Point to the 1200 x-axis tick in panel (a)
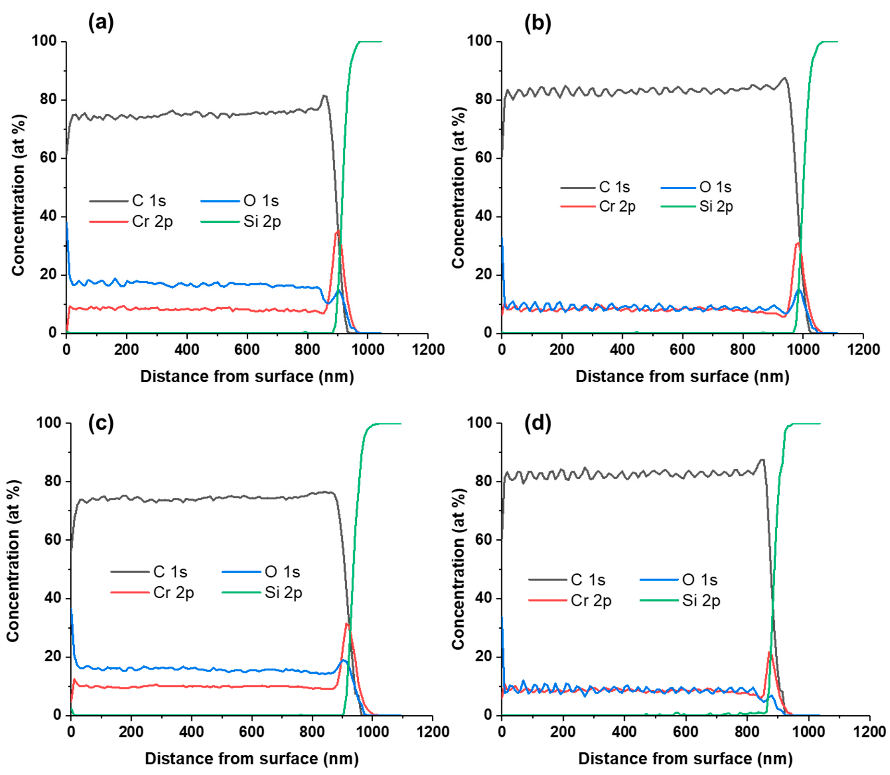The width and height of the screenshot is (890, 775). (428, 349)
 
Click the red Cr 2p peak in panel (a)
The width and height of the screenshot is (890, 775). (338, 232)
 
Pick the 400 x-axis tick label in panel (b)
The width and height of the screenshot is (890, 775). (622, 349)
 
